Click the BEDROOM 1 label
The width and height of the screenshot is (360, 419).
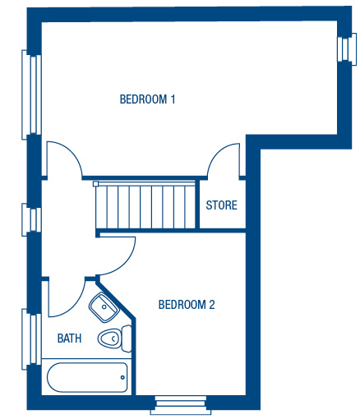tap(147, 99)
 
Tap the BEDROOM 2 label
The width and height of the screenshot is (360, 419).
tap(187, 305)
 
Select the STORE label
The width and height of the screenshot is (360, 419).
tap(221, 205)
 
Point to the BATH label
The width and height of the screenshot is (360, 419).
tap(69, 338)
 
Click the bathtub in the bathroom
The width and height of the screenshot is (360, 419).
tap(87, 377)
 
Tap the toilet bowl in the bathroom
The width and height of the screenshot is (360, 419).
tap(109, 338)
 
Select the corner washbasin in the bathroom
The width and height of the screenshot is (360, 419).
tap(104, 307)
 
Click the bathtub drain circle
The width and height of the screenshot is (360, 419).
tap(122, 377)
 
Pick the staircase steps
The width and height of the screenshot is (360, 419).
tap(145, 206)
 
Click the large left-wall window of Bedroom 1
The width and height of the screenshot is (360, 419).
tap(31, 94)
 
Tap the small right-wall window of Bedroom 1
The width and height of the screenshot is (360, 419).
tap(347, 49)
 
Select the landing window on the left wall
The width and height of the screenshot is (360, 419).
tap(31, 219)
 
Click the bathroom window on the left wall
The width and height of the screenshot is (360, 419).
tap(31, 339)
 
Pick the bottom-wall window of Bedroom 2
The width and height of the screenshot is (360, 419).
tap(181, 405)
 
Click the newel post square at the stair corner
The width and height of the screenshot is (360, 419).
tap(95, 184)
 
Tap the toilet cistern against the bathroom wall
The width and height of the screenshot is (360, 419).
tap(127, 338)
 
